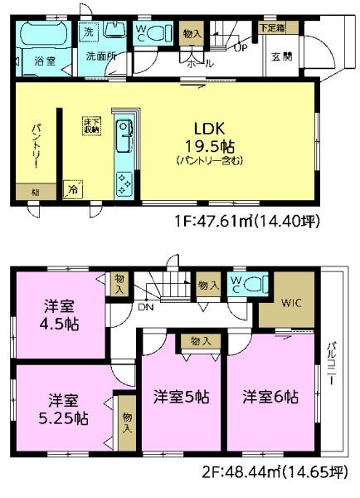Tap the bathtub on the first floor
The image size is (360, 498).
click(42, 35)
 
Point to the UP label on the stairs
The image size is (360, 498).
click(242, 47)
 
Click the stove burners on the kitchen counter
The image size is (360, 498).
click(124, 182)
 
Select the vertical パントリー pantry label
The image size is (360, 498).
click(36, 145)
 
